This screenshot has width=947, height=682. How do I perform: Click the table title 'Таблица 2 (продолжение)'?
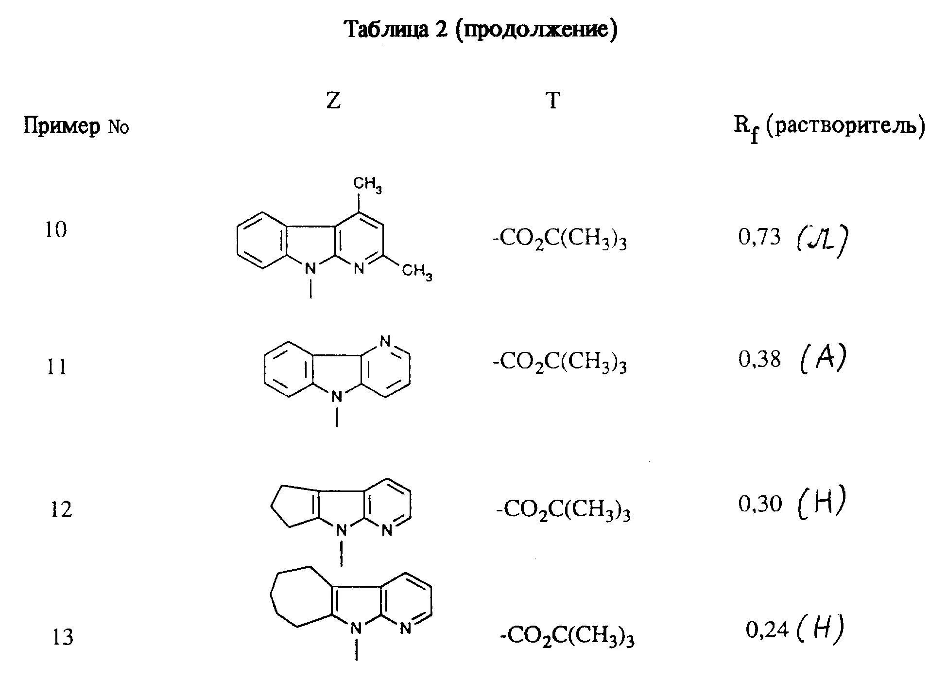pyautogui.click(x=481, y=30)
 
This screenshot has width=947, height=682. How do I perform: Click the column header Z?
pyautogui.click(x=333, y=101)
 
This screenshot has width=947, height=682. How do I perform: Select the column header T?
pyautogui.click(x=553, y=101)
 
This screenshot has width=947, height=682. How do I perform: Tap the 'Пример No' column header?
pyautogui.click(x=76, y=127)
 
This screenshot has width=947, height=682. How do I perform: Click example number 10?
pyautogui.click(x=56, y=230)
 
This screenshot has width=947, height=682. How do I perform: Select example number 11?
pyautogui.click(x=56, y=367)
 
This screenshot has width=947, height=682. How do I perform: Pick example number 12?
pyautogui.click(x=61, y=509)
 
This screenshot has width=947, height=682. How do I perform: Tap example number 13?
pyautogui.click(x=63, y=637)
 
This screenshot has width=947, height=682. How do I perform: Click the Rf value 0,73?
pyautogui.click(x=759, y=237)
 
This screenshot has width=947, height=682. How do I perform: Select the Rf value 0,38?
pyautogui.click(x=759, y=360)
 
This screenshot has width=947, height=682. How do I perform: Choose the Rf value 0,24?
pyautogui.click(x=767, y=630)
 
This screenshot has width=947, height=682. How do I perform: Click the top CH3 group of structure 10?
pyautogui.click(x=367, y=185)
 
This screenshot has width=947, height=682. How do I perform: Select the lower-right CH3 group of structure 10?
pyautogui.click(x=416, y=272)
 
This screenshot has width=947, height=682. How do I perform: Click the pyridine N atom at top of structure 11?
pyautogui.click(x=385, y=341)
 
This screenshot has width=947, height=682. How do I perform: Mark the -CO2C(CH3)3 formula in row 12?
pyautogui.click(x=563, y=511)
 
